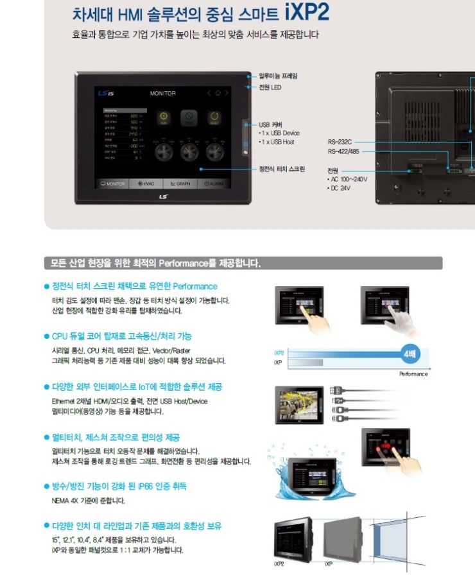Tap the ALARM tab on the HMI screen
click(x=214, y=184)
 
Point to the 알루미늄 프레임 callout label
click(x=278, y=76)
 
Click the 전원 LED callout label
click(x=270, y=87)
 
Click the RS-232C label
click(x=340, y=141)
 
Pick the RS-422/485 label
click(x=343, y=151)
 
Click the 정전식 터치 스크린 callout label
click(x=282, y=169)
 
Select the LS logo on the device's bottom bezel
click(x=163, y=197)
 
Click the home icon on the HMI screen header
click(x=218, y=94)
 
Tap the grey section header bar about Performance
click(x=243, y=264)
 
